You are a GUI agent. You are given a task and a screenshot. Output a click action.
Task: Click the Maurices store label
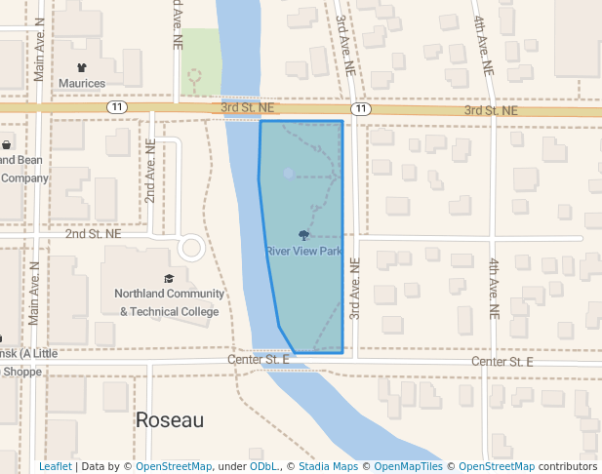[82, 84]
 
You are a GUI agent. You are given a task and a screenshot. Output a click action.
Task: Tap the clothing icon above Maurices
[82, 67]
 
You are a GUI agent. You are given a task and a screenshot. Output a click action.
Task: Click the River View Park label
[303, 251]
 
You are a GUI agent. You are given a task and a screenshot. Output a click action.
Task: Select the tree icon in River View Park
[303, 235]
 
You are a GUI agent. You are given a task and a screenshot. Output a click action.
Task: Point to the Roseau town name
[170, 420]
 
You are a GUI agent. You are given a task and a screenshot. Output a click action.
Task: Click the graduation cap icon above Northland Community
[169, 278]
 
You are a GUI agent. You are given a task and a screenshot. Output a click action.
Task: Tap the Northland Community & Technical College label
[169, 302]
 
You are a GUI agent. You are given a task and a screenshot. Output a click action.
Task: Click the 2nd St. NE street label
[94, 234]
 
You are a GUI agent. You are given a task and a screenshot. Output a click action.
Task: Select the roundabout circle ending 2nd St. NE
[191, 248]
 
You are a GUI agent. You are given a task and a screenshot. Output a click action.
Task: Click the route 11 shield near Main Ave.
[118, 106]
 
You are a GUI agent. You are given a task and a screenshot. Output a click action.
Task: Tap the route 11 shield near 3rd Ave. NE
[362, 108]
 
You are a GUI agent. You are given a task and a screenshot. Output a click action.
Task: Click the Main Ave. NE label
[39, 49]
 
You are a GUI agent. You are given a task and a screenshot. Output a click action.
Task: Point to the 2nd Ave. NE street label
[150, 171]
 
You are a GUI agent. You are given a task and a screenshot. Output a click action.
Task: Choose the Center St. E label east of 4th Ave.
[502, 362]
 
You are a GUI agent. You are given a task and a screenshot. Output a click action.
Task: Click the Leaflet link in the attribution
[55, 466]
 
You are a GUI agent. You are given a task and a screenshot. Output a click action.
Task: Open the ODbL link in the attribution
[263, 466]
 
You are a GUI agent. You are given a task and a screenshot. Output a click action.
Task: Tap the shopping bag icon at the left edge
[6, 145]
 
